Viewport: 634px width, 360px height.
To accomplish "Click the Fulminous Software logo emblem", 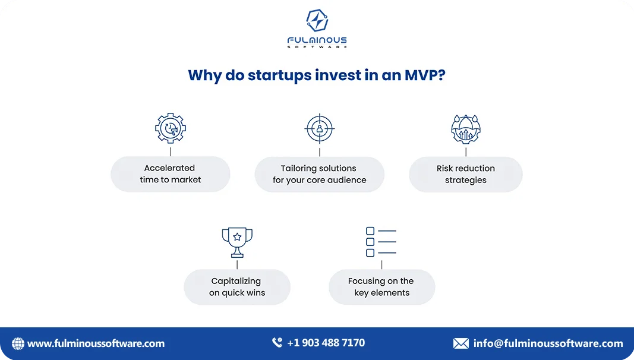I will tap(317, 21).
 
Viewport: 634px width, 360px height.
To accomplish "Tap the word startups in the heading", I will tap(278, 75).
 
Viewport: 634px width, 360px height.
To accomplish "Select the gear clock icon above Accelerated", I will tap(171, 128).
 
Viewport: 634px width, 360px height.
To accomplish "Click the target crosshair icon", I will tap(320, 128).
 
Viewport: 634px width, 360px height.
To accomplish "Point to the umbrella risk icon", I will tap(466, 130).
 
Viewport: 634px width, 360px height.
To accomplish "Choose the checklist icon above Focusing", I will tap(381, 242).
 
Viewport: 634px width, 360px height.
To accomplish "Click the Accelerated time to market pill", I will tap(171, 174).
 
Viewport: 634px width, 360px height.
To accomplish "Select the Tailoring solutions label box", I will tap(320, 174).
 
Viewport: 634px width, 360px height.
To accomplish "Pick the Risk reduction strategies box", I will tap(466, 174).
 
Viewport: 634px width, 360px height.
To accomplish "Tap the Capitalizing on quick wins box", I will tap(237, 287).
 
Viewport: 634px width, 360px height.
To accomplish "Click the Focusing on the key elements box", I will tap(381, 287).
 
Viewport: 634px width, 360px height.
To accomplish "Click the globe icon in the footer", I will tap(18, 343).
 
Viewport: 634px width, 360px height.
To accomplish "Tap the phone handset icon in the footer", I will tap(277, 343).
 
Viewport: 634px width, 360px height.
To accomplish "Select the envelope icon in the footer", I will tap(461, 343).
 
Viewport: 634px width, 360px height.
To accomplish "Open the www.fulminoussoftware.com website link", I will tap(96, 343).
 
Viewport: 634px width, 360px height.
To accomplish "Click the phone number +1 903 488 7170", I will tap(326, 343).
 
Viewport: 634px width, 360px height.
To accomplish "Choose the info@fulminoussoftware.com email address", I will tap(548, 343).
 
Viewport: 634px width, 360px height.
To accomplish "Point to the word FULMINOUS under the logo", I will tap(317, 40).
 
